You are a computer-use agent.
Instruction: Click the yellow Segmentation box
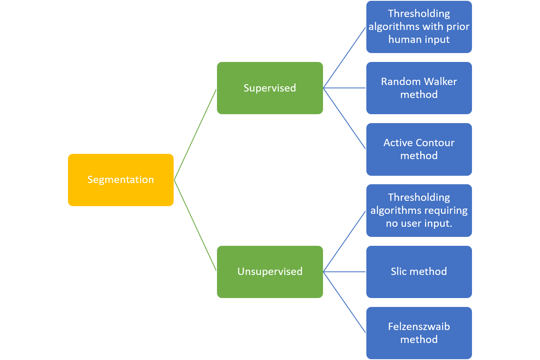(x=121, y=180)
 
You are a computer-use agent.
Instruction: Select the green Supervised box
(x=270, y=88)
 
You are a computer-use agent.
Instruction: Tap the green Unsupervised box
(x=270, y=272)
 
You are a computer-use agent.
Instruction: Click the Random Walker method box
(x=419, y=88)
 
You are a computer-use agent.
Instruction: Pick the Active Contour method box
(x=419, y=149)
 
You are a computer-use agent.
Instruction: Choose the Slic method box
(x=419, y=272)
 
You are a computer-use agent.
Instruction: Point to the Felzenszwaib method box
(x=419, y=333)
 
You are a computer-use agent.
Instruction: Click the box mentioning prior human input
(x=419, y=27)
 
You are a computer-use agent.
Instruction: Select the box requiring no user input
(x=419, y=211)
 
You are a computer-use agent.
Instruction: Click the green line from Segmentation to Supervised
(x=195, y=134)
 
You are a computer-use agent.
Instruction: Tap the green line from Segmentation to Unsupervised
(x=195, y=226)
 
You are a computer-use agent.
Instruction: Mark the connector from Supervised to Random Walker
(x=344, y=88)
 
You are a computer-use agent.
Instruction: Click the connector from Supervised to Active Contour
(x=344, y=118)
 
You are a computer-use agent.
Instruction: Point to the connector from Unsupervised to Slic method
(x=344, y=272)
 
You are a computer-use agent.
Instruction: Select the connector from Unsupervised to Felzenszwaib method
(x=344, y=302)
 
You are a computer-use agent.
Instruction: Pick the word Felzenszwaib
(x=419, y=327)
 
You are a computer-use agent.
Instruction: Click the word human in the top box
(x=402, y=40)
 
